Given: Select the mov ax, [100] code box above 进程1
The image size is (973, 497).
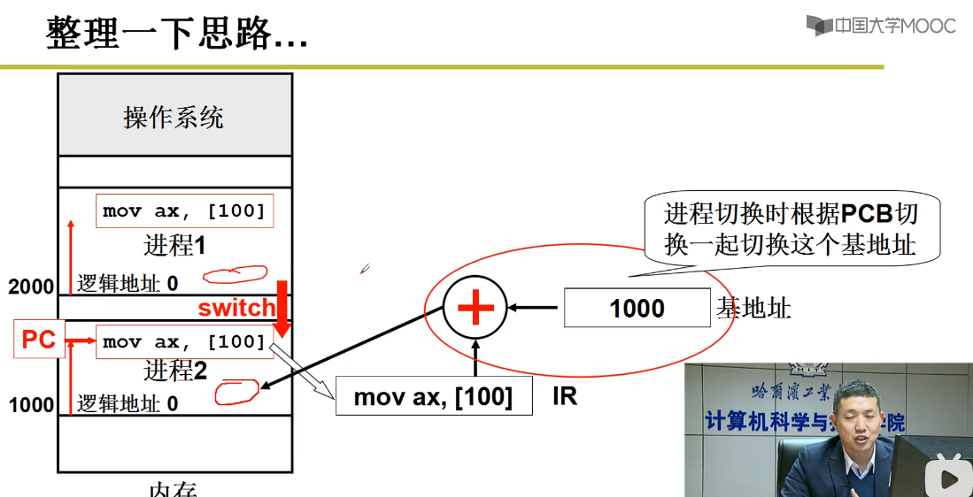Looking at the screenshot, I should tap(184, 211).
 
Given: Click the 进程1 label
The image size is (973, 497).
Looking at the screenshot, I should tap(175, 245).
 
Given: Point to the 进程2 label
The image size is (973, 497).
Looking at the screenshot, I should tap(175, 370).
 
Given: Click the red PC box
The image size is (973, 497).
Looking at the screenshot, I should tap(39, 340).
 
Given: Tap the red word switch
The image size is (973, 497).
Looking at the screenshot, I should tap(236, 308).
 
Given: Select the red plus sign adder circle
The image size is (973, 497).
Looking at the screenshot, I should tap(475, 308).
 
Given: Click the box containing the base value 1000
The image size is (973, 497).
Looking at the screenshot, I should tap(637, 308).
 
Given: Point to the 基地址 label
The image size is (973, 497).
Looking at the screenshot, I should tap(753, 308).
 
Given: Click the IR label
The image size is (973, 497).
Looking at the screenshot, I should tap(565, 396).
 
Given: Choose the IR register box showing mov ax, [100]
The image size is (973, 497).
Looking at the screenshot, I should tap(434, 397).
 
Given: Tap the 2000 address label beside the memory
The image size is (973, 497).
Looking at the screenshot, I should tap(31, 287).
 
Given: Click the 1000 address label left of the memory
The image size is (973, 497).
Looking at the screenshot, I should tap(31, 405).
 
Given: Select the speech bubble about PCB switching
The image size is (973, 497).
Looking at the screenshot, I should tap(790, 228).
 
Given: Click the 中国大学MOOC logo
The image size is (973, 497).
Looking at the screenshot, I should tap(881, 26).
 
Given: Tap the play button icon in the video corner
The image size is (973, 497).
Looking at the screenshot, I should tap(949, 478).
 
